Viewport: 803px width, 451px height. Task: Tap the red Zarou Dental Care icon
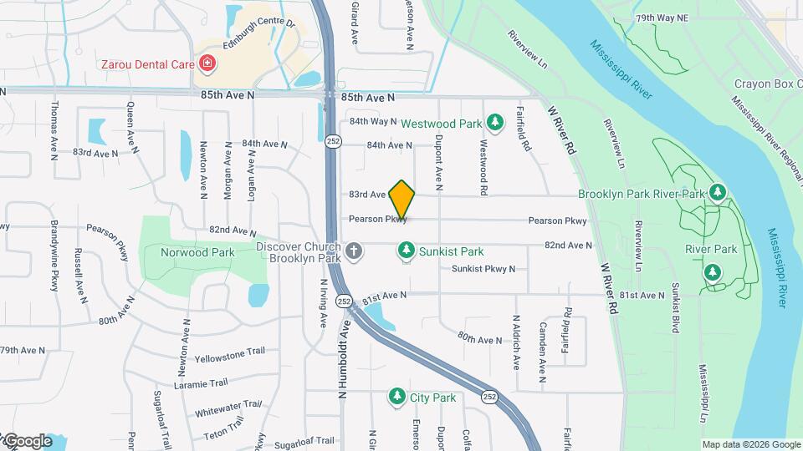pos(207,63)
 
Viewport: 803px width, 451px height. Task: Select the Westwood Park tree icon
pos(494,124)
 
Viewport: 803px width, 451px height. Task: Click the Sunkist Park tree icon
pos(406,251)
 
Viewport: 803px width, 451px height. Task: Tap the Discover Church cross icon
pos(354,251)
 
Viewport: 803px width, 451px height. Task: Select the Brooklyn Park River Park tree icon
pos(717,193)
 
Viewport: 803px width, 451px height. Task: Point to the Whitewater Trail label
pos(228,408)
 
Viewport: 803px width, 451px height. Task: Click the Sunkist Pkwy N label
pos(483,269)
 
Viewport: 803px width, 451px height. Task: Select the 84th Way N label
pos(372,121)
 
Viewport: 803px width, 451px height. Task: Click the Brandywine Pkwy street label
pos(54,256)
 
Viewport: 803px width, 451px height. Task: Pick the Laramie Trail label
pos(201,383)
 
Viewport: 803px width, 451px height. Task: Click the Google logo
pos(27,442)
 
